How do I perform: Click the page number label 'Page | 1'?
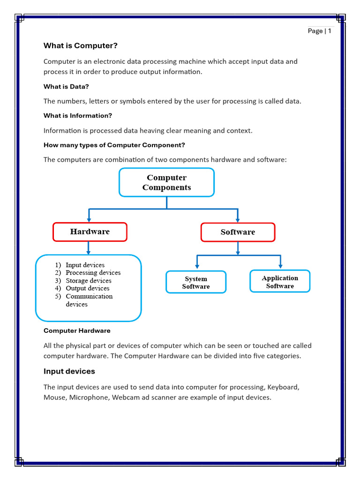[319, 31]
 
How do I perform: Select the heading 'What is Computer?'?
[80, 45]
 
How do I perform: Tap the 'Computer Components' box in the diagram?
[166, 182]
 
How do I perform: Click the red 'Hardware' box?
[90, 232]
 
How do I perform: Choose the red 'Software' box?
[238, 232]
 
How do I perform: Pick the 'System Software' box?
[196, 282]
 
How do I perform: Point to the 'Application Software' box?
[280, 282]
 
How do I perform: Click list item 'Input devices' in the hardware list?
[85, 265]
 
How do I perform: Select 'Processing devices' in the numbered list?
[93, 272]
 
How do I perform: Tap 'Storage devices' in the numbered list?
[88, 280]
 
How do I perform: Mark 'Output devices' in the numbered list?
[87, 288]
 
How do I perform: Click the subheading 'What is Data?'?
[66, 86]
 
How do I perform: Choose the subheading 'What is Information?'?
[78, 115]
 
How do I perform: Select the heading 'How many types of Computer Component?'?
[114, 145]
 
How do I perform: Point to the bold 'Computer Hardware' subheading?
[77, 330]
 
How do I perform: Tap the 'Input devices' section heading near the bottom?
[69, 371]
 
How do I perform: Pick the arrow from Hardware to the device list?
[88, 248]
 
